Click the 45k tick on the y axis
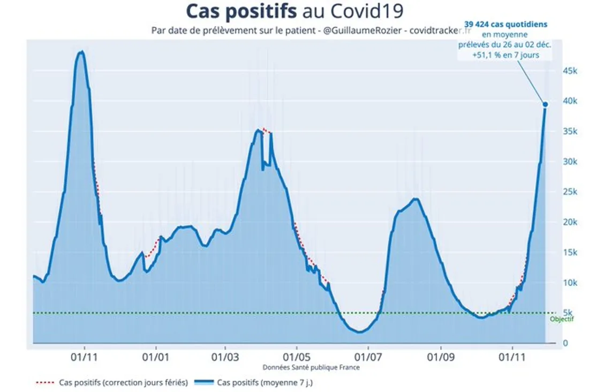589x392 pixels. (x=569, y=71)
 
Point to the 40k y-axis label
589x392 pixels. (x=569, y=101)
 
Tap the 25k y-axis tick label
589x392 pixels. (x=569, y=192)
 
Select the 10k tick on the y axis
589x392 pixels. (x=569, y=282)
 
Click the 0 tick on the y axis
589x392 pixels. (x=565, y=343)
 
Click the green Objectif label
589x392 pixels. (x=562, y=319)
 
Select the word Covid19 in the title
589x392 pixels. (x=368, y=11)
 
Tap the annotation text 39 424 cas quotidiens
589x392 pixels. (x=505, y=24)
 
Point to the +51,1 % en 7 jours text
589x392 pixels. (x=505, y=55)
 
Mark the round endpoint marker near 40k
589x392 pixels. (x=545, y=104)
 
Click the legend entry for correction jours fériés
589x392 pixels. (x=123, y=382)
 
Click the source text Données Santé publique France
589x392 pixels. (x=311, y=367)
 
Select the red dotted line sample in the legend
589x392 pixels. (x=45, y=382)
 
